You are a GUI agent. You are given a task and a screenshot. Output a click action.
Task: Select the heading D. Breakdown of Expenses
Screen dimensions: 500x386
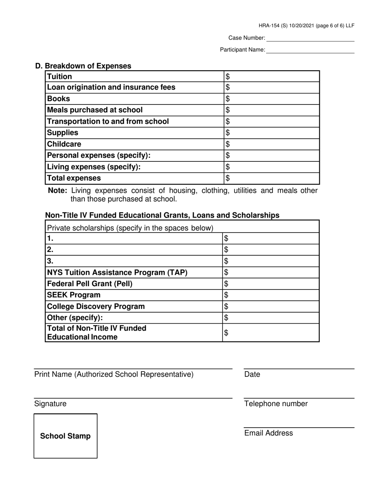click(x=83, y=66)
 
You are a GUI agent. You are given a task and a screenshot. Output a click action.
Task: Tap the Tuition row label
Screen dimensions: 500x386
click(x=60, y=76)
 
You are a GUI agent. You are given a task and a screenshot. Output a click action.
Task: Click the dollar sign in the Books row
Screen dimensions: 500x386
click(x=228, y=99)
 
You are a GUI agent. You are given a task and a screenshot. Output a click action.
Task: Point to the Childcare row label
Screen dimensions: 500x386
click(x=64, y=144)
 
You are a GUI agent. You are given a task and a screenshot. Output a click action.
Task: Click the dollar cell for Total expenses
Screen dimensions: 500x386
click(x=271, y=178)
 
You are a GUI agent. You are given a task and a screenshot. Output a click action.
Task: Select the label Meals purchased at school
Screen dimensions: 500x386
click(x=95, y=110)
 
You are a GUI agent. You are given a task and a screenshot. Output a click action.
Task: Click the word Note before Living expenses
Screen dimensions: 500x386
click(x=57, y=191)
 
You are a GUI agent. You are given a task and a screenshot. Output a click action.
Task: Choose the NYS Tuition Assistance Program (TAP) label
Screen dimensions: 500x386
click(x=117, y=272)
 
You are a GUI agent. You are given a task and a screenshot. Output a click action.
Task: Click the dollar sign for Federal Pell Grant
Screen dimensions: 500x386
click(x=226, y=284)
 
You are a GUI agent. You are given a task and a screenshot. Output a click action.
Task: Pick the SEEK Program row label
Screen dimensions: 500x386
click(x=74, y=295)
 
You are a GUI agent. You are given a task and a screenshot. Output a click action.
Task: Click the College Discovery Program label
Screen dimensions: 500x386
click(x=96, y=307)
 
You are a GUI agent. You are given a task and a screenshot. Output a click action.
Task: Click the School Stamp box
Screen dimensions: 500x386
click(x=65, y=436)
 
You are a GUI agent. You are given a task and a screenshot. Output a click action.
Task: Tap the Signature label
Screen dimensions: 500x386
click(x=50, y=404)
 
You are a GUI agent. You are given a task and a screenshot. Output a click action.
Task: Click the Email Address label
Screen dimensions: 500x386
click(x=269, y=433)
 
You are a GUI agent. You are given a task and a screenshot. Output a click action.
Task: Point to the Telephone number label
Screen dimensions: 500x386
click(x=276, y=404)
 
